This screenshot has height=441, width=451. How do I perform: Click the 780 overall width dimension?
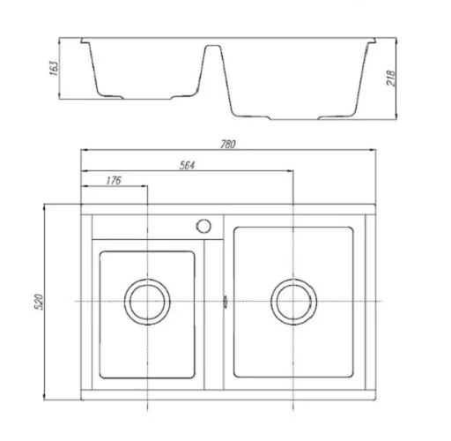pos(228,144)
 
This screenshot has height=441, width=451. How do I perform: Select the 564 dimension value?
pos(187,165)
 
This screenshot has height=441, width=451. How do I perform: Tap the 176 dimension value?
pos(114,180)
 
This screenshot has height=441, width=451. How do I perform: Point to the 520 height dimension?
pos(39,302)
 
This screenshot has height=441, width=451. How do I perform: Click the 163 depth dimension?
pos(55,68)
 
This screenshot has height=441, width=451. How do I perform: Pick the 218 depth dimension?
pos(391,78)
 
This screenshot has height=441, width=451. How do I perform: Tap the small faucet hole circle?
pos(203,226)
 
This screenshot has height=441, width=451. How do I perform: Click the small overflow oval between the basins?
pos(225,302)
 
